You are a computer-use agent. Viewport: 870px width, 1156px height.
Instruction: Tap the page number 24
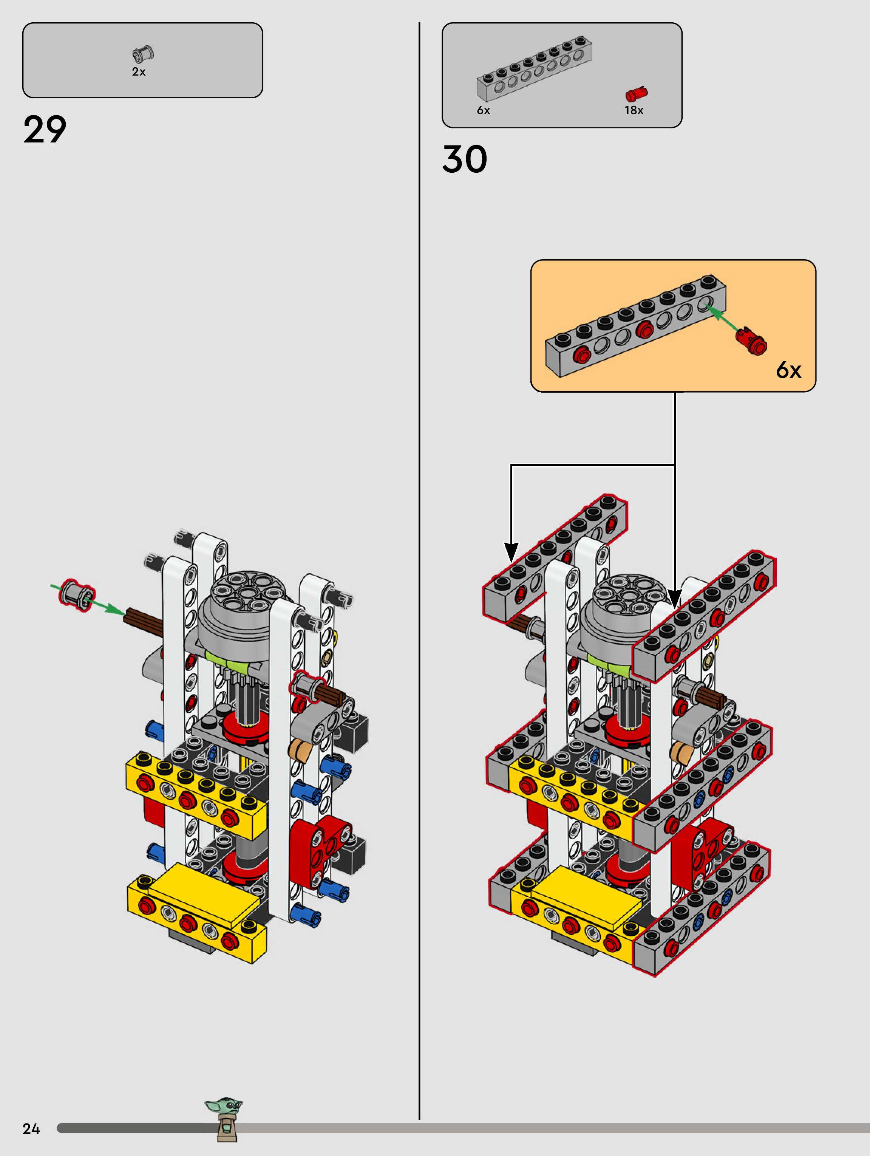click(x=31, y=1128)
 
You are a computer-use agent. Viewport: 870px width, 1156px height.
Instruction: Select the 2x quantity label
click(x=139, y=71)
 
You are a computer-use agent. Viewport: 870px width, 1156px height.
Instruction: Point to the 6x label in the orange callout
click(x=788, y=370)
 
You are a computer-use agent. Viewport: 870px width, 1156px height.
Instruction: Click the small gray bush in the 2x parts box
click(x=143, y=54)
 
